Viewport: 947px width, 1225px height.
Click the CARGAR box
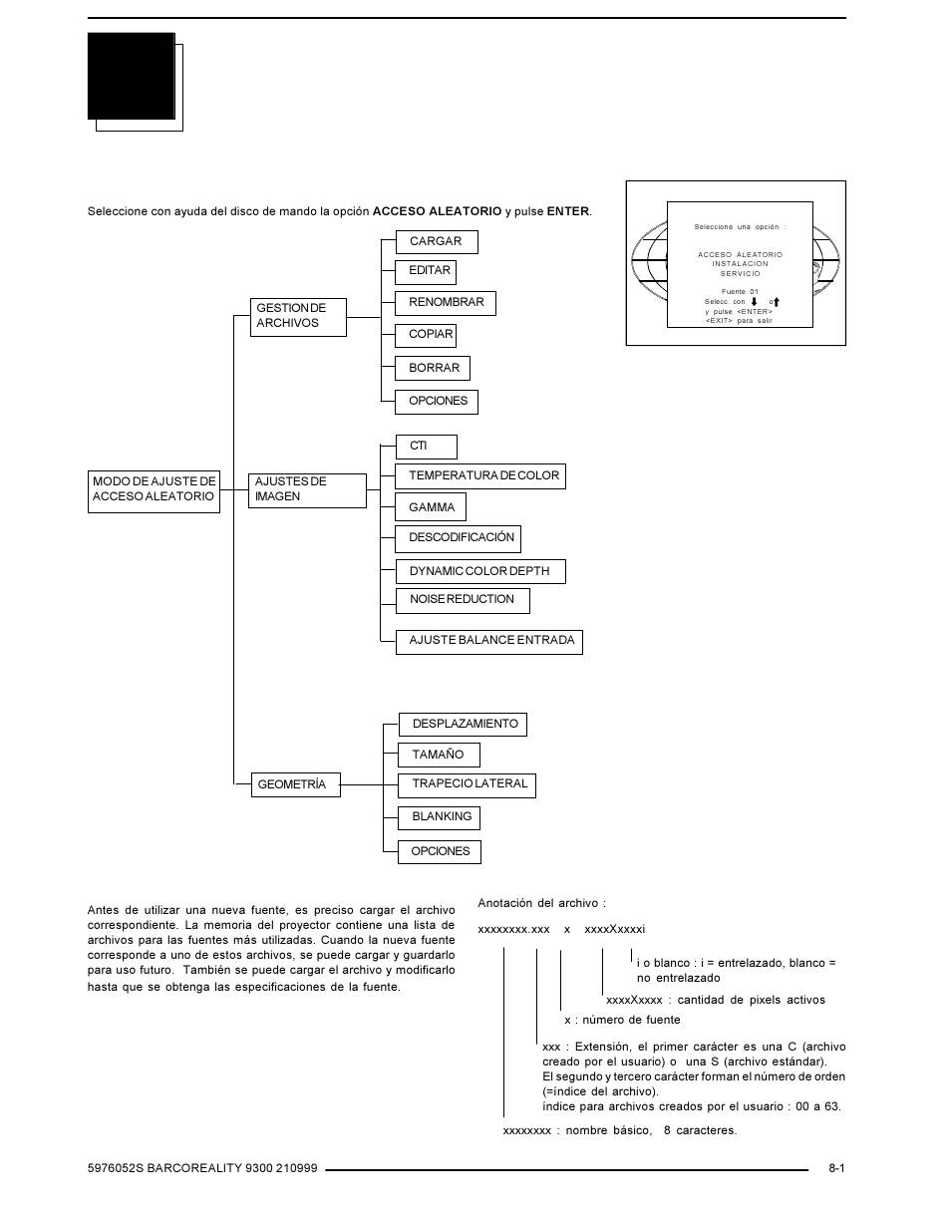coord(437,242)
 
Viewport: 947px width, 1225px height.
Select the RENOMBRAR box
coord(445,303)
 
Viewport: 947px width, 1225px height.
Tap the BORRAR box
coord(432,368)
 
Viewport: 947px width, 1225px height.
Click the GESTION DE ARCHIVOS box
coord(298,317)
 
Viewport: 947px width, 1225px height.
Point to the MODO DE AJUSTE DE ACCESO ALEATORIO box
coord(154,491)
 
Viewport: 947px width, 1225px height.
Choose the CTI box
coord(427,448)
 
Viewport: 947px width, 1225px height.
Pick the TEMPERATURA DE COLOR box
coord(480,476)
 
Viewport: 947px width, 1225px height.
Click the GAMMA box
coord(430,506)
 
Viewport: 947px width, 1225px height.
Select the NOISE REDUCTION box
coord(463,601)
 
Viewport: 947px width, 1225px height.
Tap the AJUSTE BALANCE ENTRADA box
coord(489,642)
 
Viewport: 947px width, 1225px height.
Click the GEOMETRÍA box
coord(296,784)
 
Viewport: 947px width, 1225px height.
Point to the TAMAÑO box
coord(440,755)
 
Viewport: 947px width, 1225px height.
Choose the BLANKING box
coord(440,818)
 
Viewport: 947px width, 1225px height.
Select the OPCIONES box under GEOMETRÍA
coord(440,852)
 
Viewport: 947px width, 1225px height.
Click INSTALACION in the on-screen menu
coord(740,264)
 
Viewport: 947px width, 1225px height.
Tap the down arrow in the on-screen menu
coord(754,302)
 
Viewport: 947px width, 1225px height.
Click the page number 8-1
coord(836,1168)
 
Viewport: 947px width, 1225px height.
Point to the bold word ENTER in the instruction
coord(567,211)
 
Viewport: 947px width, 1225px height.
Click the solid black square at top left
coord(132,76)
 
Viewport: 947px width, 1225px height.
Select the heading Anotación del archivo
coord(541,903)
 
